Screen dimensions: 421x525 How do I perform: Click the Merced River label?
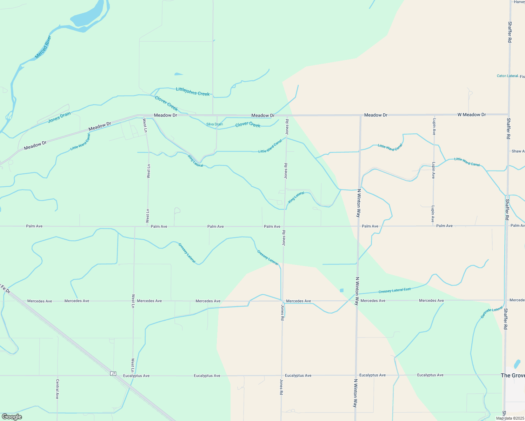(x=44, y=47)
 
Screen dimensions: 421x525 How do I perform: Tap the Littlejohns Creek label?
(x=193, y=92)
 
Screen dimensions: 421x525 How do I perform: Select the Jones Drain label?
(x=59, y=117)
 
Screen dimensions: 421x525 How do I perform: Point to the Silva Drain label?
(x=214, y=124)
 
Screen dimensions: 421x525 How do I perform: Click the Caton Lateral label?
(x=507, y=76)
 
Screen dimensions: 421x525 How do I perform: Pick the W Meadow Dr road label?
(x=471, y=115)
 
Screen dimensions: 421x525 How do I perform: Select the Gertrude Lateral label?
(x=491, y=312)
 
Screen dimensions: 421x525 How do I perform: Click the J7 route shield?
(x=113, y=374)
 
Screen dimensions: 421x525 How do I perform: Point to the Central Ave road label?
(x=57, y=389)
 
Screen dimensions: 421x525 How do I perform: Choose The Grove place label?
(x=513, y=375)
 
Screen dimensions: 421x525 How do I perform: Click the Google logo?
(x=12, y=417)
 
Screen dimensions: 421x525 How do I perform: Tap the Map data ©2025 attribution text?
(x=510, y=418)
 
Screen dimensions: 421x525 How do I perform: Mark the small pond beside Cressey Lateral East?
(x=341, y=290)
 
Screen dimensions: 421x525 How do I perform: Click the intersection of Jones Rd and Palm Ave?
(x=284, y=226)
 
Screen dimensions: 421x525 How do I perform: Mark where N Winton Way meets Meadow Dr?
(x=360, y=115)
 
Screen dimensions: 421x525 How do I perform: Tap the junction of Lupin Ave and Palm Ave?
(x=433, y=226)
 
